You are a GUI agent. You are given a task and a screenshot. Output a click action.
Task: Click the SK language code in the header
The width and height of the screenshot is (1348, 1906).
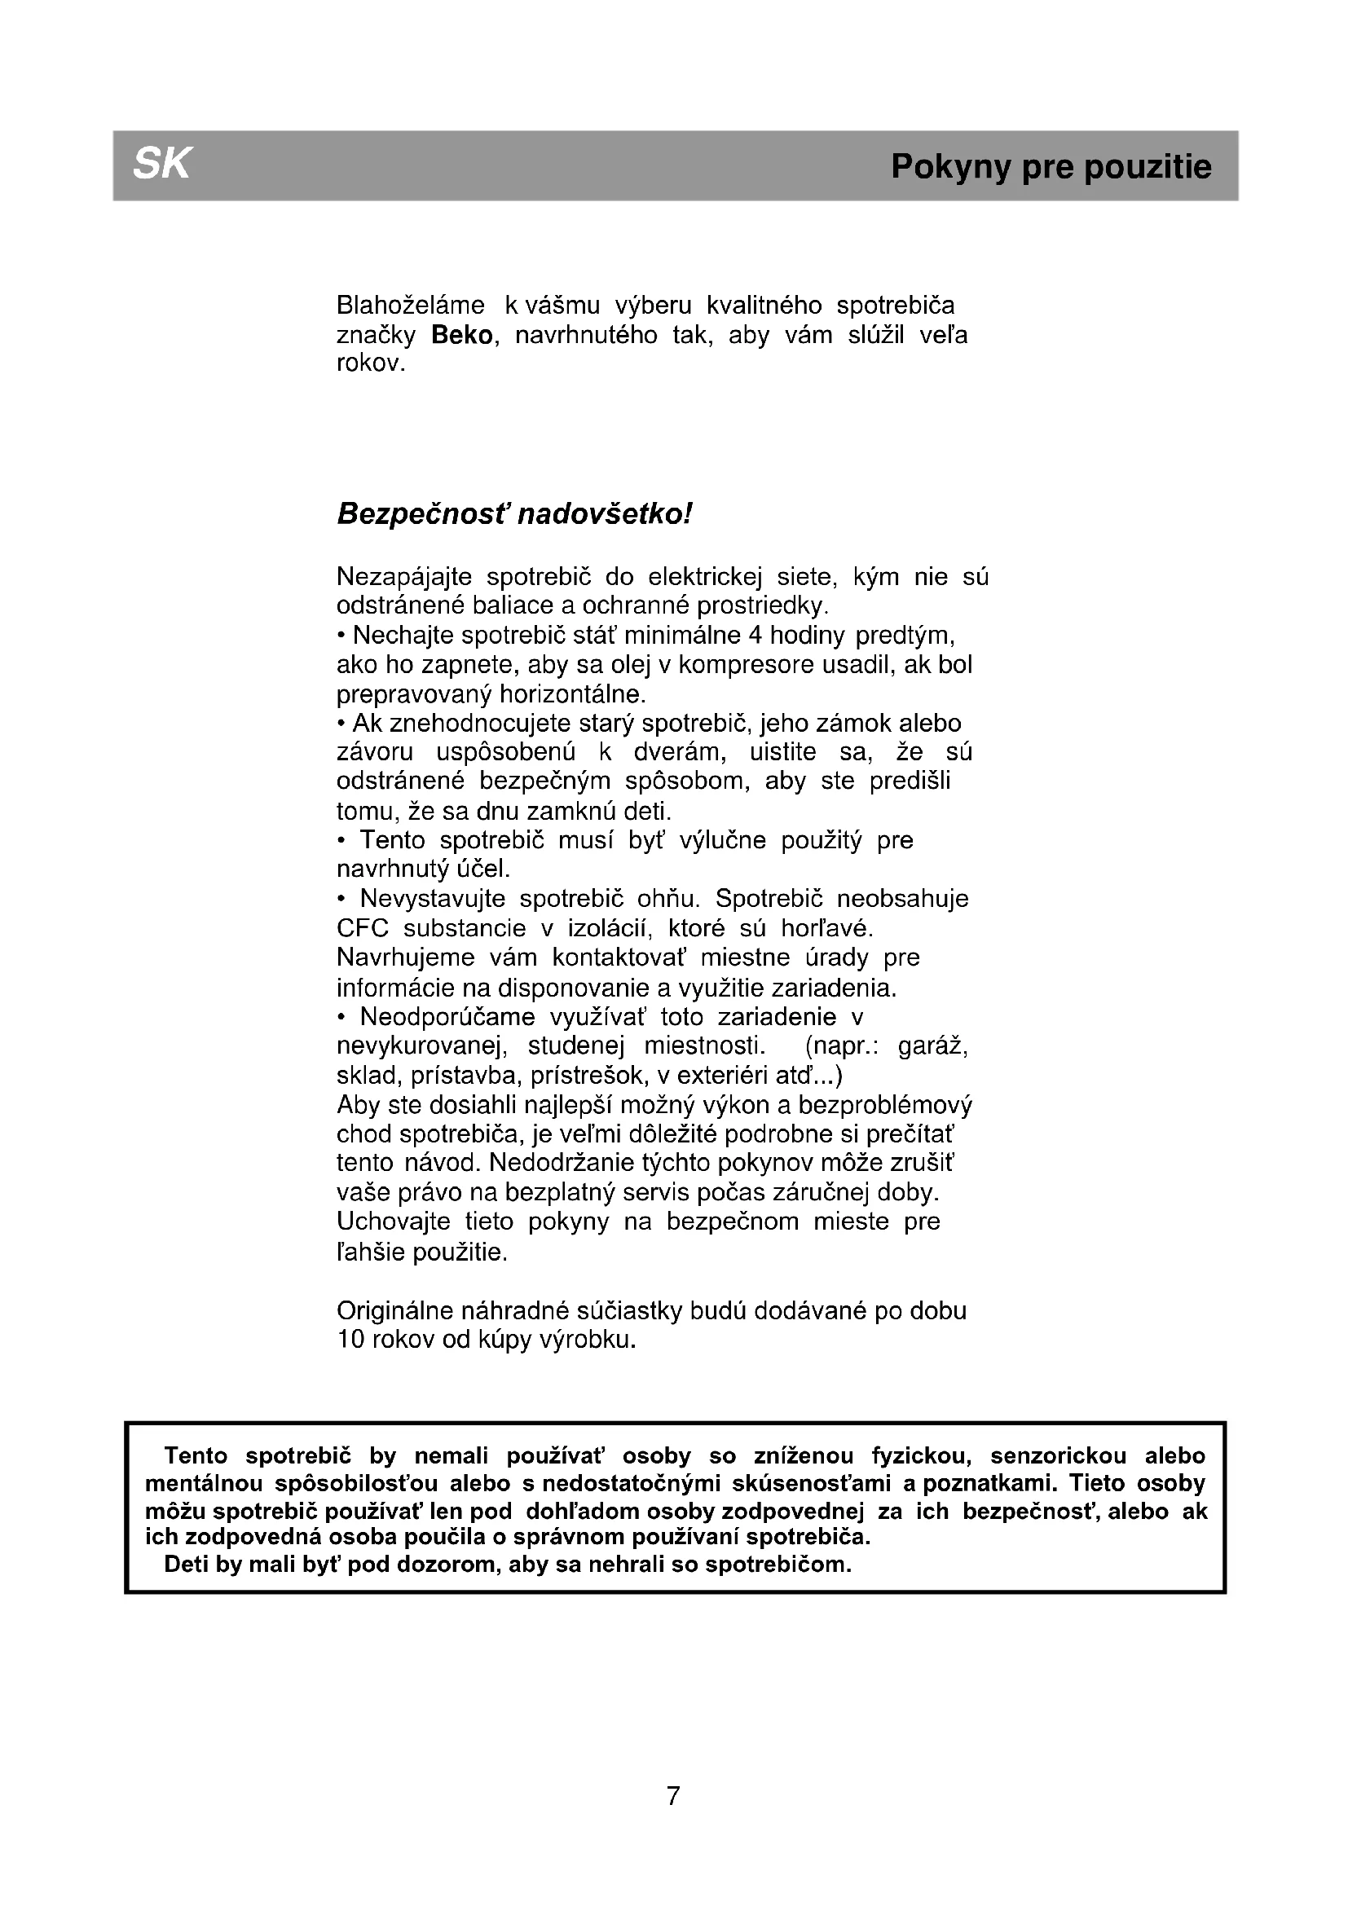click(x=161, y=164)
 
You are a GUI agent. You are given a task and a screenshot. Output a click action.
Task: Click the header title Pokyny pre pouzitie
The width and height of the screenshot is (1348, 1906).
click(x=1051, y=167)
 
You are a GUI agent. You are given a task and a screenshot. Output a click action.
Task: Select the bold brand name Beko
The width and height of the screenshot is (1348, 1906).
click(x=462, y=336)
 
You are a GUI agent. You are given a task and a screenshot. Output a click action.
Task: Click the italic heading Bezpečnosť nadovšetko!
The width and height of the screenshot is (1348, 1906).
click(x=513, y=515)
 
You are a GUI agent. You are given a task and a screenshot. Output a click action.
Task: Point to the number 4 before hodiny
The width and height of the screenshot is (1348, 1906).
click(x=755, y=636)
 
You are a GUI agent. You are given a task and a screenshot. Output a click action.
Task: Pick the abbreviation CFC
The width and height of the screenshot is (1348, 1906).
click(x=363, y=928)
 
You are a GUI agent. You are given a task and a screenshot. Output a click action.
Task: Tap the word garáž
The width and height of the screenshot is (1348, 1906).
click(x=933, y=1045)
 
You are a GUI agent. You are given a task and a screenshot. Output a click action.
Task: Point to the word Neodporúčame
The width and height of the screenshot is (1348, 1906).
click(x=447, y=1017)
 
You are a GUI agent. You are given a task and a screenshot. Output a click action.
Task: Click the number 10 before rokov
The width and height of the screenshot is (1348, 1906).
click(x=351, y=1340)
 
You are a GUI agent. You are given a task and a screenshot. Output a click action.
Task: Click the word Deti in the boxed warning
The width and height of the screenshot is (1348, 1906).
click(x=187, y=1565)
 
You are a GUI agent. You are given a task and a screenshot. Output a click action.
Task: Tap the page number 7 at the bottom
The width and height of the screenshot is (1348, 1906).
click(x=673, y=1797)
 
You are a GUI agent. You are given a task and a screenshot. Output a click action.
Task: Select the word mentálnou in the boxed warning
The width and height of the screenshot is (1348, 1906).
click(x=204, y=1483)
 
